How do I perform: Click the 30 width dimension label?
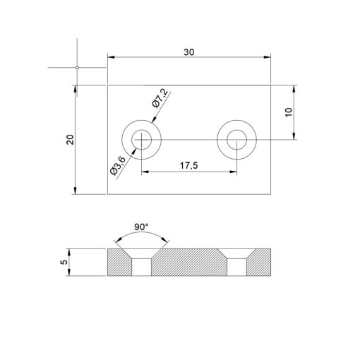pos(188,52)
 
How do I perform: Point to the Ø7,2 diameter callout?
pos(160,98)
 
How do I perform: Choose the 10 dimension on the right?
pos(289,113)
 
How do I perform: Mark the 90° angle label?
pos(141,227)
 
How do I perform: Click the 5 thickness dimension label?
pos(64,262)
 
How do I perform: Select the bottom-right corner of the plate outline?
pos(271,195)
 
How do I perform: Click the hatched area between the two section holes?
pos(189,262)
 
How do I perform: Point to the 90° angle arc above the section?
pos(141,235)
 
